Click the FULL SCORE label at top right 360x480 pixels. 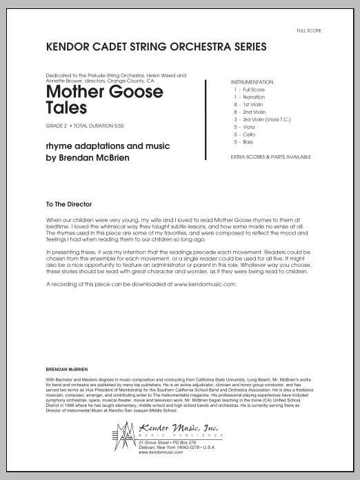pos(309,31)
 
